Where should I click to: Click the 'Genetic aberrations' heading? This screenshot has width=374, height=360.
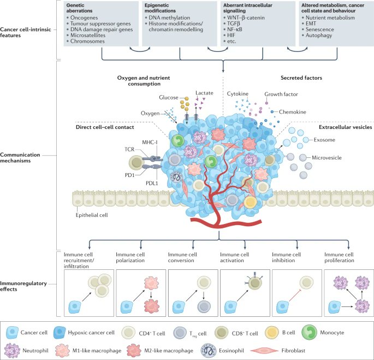tap(80, 7)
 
